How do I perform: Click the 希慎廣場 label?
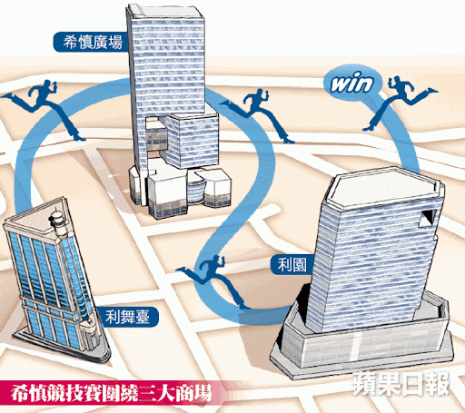pos(91,42)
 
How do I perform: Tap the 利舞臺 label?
pos(128,317)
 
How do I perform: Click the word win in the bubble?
pos(351,83)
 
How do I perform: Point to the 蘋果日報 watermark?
pos(402,384)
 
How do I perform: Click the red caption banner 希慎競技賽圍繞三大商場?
pos(111,393)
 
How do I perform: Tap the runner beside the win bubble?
pos(400,103)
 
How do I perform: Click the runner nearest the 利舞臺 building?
pos(44,110)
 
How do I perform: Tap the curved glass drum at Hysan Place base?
pos(195,192)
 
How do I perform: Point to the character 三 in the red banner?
pos(149,393)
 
